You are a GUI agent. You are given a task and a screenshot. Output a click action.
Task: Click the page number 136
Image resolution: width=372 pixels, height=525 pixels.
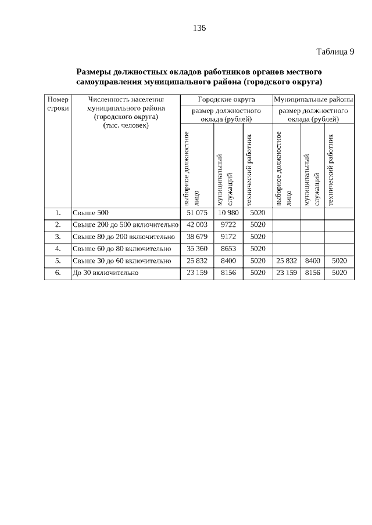[x=199, y=28]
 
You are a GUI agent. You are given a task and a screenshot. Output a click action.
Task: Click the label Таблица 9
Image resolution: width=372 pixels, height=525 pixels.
[x=335, y=52]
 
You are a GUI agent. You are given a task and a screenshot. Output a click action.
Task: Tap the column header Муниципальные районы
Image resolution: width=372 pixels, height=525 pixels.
[x=313, y=100]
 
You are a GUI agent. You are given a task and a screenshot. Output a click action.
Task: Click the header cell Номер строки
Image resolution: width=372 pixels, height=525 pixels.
[x=58, y=104]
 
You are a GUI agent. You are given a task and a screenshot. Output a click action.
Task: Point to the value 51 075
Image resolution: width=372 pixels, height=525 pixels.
[x=197, y=213]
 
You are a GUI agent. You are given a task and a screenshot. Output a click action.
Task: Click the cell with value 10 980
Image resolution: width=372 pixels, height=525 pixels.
[x=228, y=213]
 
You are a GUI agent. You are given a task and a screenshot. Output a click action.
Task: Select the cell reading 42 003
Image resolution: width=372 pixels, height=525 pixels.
[x=197, y=225]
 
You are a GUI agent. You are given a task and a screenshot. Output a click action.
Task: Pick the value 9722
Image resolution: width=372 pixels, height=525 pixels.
[x=228, y=225]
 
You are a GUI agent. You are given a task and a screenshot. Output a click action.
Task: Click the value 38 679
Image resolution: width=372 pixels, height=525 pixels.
[x=197, y=237]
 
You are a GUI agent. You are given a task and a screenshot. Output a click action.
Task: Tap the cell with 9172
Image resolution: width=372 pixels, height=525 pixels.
[x=228, y=237]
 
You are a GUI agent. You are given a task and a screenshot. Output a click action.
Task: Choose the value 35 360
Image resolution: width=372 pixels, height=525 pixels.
[x=197, y=249]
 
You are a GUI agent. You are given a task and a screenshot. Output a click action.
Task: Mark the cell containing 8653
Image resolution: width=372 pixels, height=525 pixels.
[x=228, y=249]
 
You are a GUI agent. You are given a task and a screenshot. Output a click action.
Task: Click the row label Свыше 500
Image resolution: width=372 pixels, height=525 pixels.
[x=91, y=213]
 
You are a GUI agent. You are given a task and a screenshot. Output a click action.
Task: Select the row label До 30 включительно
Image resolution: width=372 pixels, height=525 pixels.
[x=105, y=272]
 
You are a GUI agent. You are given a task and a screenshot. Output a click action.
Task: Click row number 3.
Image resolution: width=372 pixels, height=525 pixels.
[x=58, y=237]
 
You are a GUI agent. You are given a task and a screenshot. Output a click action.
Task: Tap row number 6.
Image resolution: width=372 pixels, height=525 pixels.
[x=58, y=272]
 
